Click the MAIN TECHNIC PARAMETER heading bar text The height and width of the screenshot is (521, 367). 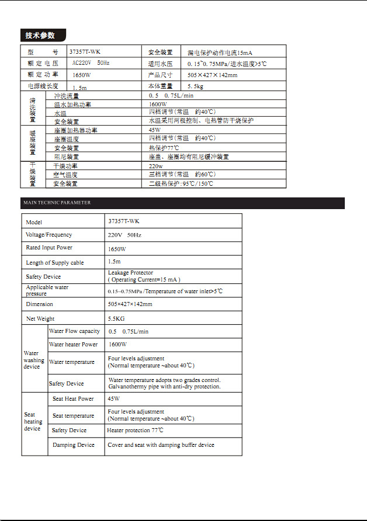point(56,203)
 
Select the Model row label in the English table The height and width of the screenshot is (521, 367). point(34,222)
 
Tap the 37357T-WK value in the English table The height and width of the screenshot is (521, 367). point(124,221)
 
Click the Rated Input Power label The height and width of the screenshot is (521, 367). point(49,248)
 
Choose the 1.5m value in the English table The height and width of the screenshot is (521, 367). point(115,262)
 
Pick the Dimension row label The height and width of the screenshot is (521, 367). point(39,304)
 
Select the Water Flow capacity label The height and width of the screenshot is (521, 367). point(74,331)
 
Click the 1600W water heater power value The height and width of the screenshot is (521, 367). point(117,345)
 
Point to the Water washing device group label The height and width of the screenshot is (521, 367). point(33,360)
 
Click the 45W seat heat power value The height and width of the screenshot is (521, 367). point(114,399)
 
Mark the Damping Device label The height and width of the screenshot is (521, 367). point(73,445)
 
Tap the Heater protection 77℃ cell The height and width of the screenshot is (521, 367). point(135,430)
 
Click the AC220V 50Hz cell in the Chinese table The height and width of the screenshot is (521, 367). point(91,62)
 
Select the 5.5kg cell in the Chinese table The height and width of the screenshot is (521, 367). point(196,86)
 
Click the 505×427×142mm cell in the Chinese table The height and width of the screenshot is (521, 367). point(213,75)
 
